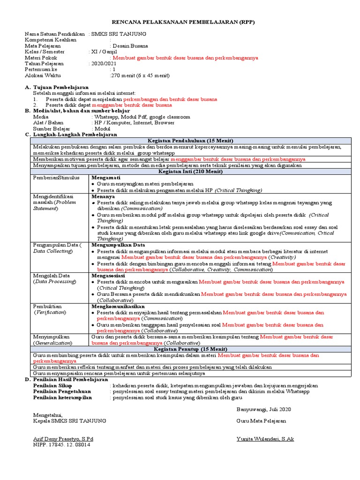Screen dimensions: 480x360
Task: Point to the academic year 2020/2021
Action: click(x=104, y=63)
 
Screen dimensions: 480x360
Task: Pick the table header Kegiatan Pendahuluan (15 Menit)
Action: click(x=190, y=141)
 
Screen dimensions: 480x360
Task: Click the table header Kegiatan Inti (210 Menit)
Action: click(x=190, y=172)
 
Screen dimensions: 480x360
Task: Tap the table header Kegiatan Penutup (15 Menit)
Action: click(x=190, y=349)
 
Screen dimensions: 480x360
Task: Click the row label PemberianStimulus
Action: click(x=56, y=178)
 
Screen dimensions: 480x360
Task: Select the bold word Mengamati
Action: click(x=106, y=178)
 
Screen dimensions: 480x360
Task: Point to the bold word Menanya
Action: click(x=103, y=197)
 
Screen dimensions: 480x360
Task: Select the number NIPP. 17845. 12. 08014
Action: click(x=61, y=444)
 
